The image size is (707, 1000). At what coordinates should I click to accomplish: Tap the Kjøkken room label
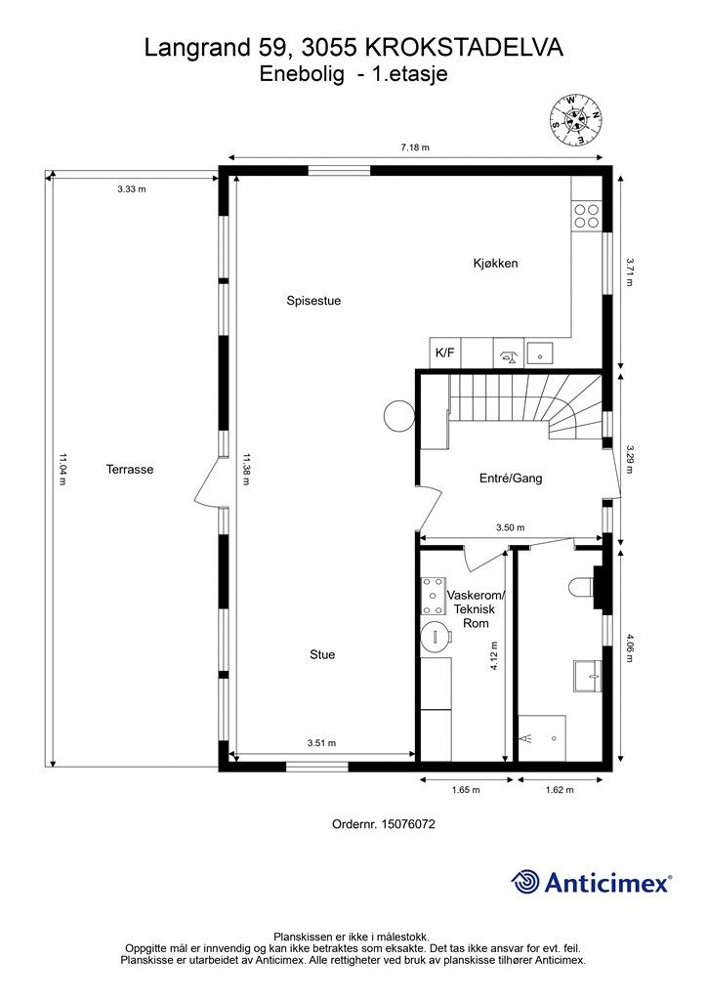tap(494, 264)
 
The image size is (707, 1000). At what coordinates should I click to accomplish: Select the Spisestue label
tap(313, 301)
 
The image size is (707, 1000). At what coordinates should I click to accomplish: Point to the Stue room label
tap(322, 654)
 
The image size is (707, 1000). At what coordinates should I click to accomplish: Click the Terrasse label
tap(130, 469)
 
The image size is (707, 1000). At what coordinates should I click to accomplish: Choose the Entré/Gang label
tap(510, 479)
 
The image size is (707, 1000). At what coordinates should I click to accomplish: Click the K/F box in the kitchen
tap(444, 353)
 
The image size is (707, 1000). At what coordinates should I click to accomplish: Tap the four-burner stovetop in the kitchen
tap(586, 215)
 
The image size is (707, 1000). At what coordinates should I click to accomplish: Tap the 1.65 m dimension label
tap(464, 790)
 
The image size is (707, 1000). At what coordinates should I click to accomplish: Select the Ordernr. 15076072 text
tap(383, 824)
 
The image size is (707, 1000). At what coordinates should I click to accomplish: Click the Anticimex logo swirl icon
tap(525, 882)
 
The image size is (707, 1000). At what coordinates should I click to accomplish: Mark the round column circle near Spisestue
tap(397, 416)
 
